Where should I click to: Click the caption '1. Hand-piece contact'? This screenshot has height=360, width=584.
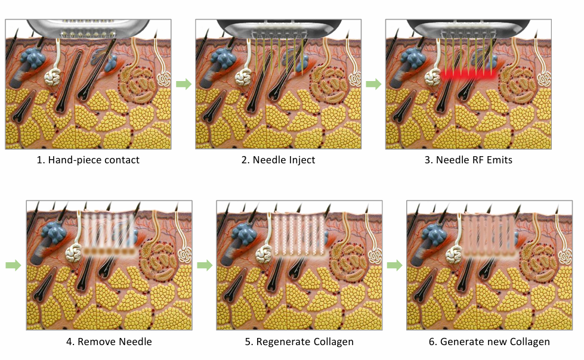(x=88, y=160)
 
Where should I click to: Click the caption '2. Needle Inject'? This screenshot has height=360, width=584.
(x=278, y=160)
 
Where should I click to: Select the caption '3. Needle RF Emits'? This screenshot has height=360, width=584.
(x=468, y=160)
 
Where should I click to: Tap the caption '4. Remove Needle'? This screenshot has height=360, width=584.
(x=109, y=342)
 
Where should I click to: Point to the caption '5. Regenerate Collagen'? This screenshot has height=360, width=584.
(x=299, y=342)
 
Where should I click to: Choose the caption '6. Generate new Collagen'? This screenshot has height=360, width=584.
(x=489, y=342)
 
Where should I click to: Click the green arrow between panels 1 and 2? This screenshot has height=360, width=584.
(x=184, y=84)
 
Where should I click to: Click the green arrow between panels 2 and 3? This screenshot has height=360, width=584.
(x=373, y=84)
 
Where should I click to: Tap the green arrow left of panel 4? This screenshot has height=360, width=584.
(x=13, y=265)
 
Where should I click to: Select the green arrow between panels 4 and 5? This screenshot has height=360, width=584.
(x=205, y=265)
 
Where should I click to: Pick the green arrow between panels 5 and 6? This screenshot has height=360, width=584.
(x=395, y=265)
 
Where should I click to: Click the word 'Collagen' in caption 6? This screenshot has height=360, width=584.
(x=530, y=342)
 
